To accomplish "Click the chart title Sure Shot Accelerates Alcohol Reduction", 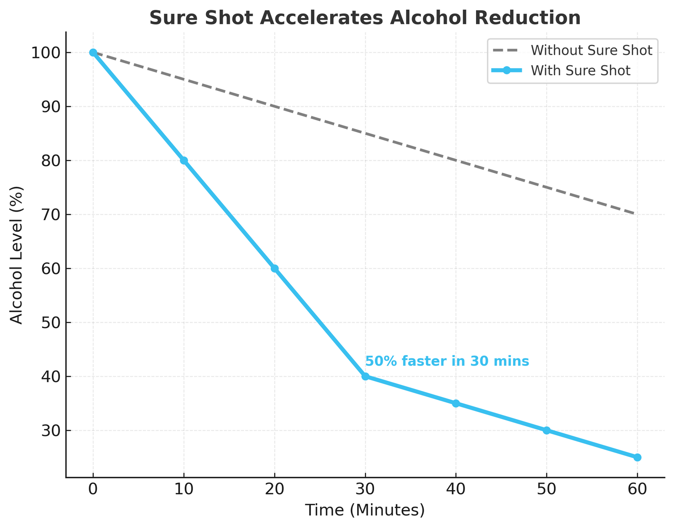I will pyautogui.click(x=365, y=18).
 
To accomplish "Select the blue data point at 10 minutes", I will pyautogui.click(x=184, y=161).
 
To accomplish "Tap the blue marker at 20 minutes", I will pyautogui.click(x=275, y=268).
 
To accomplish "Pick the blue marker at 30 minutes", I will pyautogui.click(x=365, y=377).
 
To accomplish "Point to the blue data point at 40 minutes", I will pyautogui.click(x=456, y=403).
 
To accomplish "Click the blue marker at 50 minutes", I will pyautogui.click(x=546, y=430).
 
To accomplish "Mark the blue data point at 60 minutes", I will pyautogui.click(x=637, y=457).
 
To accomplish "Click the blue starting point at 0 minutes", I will pyautogui.click(x=93, y=53).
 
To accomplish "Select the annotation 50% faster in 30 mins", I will pyautogui.click(x=447, y=361).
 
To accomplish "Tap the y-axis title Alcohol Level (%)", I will pyautogui.click(x=16, y=255).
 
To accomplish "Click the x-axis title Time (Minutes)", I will pyautogui.click(x=365, y=510).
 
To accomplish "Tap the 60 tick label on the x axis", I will pyautogui.click(x=637, y=489).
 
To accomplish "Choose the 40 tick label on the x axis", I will pyautogui.click(x=456, y=489).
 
